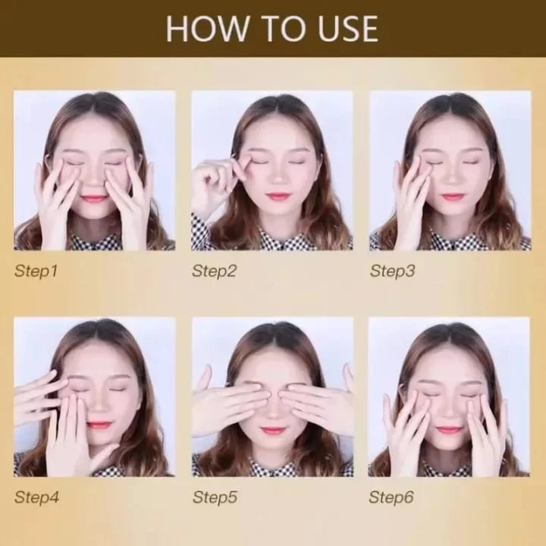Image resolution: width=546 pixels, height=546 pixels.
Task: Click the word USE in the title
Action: [347, 29]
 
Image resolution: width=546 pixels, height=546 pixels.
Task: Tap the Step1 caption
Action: [36, 271]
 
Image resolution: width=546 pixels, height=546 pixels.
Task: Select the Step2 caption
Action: [214, 271]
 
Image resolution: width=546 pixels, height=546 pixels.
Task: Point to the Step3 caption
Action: [393, 271]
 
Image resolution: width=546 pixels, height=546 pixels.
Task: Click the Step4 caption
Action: [36, 497]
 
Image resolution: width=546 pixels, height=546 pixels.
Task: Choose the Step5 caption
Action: [215, 497]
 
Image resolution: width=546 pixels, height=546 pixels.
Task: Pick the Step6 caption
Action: [391, 497]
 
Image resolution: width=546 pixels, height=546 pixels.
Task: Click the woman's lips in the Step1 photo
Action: [94, 199]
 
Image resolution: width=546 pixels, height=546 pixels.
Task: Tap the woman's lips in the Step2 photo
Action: [277, 196]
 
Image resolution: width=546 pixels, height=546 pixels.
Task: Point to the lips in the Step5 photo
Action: [272, 431]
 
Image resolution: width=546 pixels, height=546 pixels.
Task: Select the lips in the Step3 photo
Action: [452, 196]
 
